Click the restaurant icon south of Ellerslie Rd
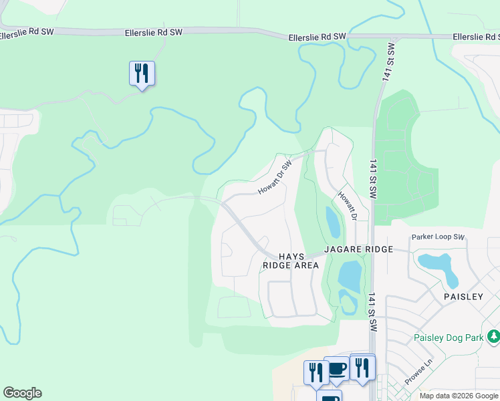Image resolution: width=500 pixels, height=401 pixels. pos(142,73)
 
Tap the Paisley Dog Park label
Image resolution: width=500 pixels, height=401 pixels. pos(448,338)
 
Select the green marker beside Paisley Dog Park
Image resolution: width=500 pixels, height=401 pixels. pos(493,337)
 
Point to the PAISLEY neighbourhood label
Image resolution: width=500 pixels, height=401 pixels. pos(463,296)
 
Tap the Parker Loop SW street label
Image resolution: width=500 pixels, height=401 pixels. pos(438,237)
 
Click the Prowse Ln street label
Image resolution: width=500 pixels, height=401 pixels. pos(419,378)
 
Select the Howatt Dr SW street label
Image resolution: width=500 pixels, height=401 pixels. pos(275,178)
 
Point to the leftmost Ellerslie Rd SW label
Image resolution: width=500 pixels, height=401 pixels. pos(27,34)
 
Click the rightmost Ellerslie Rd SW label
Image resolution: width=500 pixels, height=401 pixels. pos(476,37)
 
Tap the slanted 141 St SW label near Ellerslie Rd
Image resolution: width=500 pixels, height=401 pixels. pos(388,61)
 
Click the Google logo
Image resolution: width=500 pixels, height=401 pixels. pos(22,393)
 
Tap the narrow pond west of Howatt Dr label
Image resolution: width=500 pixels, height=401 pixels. pos(332,222)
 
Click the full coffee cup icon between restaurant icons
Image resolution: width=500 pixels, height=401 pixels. pos(337,368)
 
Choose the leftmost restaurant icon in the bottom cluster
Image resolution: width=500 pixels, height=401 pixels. pos(314,372)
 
